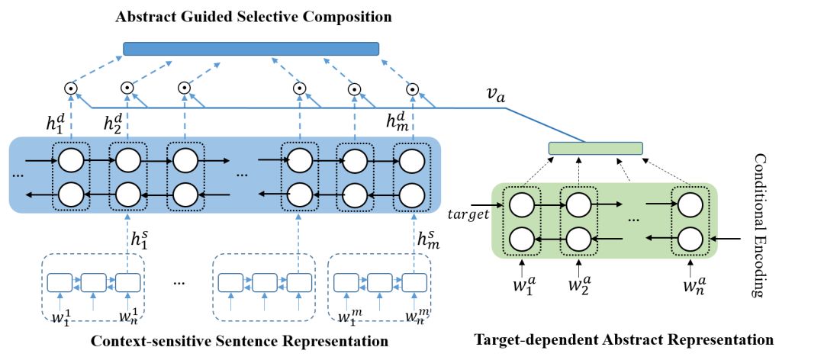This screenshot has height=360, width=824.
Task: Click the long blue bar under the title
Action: (251, 49)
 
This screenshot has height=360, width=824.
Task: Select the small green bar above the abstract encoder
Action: (596, 148)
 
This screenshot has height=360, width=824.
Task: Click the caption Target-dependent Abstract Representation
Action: (624, 339)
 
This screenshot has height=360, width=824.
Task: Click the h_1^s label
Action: (140, 239)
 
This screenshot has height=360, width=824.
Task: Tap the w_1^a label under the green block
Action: (522, 288)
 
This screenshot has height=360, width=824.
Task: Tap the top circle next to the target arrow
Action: (521, 205)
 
